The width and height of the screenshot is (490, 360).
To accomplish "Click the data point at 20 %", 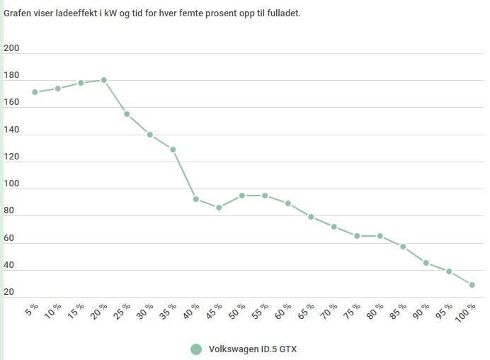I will pos(104,80).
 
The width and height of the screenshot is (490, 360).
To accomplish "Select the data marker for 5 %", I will pos(35,92).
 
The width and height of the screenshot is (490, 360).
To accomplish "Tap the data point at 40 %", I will pos(196,199).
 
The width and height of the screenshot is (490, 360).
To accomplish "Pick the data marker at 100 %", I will pos(472,285).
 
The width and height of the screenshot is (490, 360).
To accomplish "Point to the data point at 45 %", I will pos(219,208).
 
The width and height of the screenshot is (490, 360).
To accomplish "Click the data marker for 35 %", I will pos(173,150).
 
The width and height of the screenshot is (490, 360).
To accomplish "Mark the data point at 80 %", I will pos(380,236).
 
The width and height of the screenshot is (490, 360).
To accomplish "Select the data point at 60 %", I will pos(288,203).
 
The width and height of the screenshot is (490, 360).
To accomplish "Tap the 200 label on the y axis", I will pos(11,48).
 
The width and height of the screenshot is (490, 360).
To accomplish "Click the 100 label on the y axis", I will pos(11,184).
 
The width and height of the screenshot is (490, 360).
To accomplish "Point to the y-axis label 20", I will pos(8,292).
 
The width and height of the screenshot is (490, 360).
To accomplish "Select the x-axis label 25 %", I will pos(122,311).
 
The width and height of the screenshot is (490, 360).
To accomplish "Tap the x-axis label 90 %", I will pos(422,311).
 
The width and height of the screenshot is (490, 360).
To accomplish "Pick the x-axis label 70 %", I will pos(330,311).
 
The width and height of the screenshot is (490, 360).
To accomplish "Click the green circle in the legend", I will pos(197,349).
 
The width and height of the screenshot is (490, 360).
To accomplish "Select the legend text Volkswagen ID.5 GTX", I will pos(253,349).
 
